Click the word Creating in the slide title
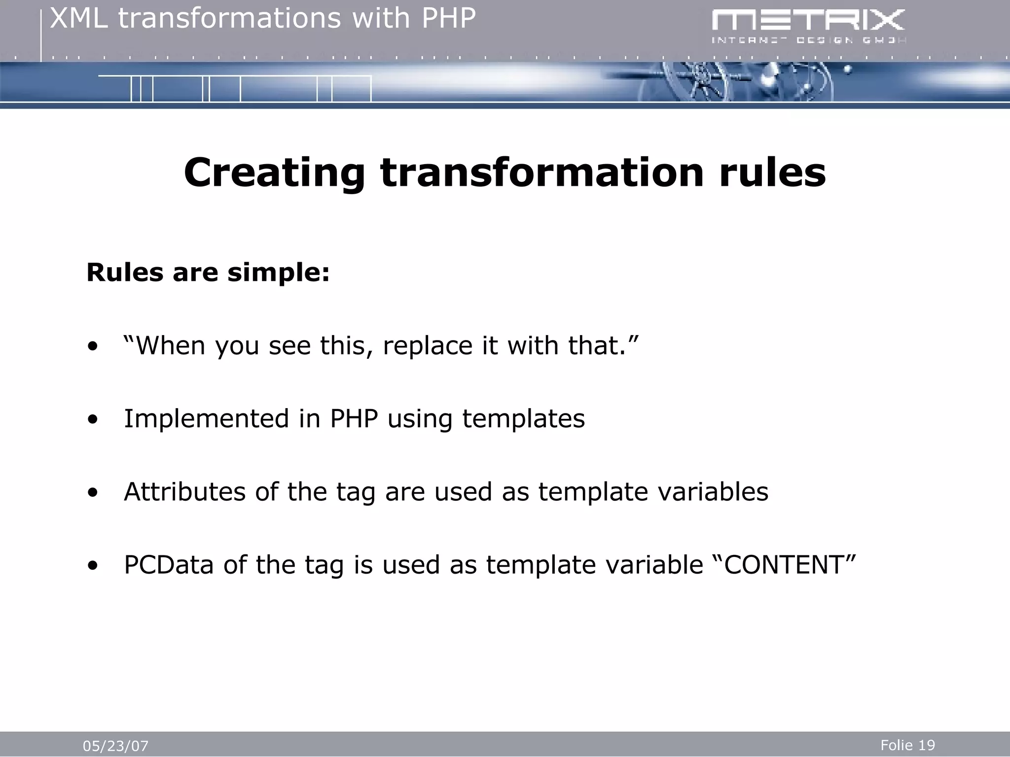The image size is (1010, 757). tap(274, 172)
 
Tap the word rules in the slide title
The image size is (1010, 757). tap(772, 172)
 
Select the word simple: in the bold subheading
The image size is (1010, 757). tap(278, 273)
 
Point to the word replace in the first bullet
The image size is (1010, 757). tap(428, 345)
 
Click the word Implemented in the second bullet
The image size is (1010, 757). tap(206, 418)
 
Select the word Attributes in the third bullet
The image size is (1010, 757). tap(184, 492)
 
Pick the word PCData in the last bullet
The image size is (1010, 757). tap(169, 565)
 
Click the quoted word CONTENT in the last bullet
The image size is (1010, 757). tap(784, 565)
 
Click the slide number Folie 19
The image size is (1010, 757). tap(907, 745)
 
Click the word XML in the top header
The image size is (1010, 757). tap(79, 19)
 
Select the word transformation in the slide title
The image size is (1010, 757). tap(541, 172)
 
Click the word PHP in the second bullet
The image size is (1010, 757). tap(354, 418)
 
